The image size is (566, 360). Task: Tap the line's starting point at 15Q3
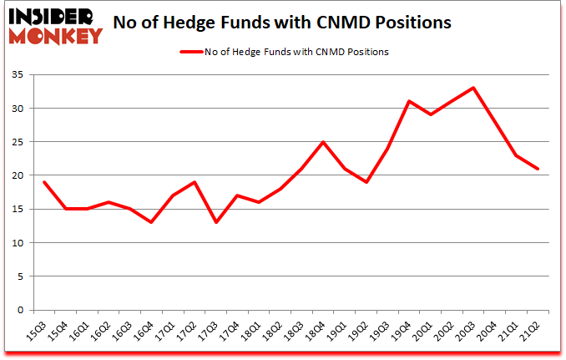point(45,182)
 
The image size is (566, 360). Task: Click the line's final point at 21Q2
point(538,169)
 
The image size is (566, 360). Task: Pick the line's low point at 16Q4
point(150,222)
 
